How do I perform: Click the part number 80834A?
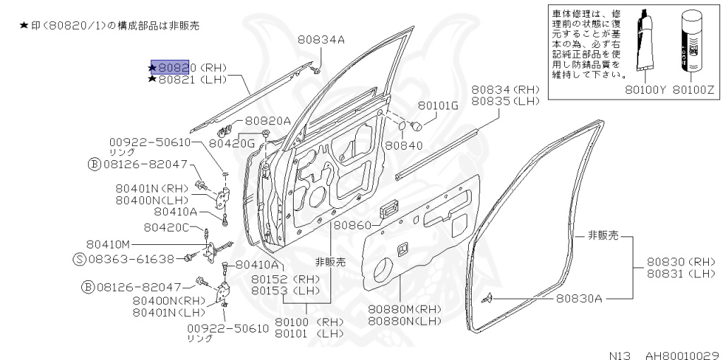tap(321, 40)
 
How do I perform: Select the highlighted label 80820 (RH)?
tap(188, 68)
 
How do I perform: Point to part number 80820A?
tap(268, 121)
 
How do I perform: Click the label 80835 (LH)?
tap(505, 102)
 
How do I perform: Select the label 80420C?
tap(167, 227)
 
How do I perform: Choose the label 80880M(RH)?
tap(404, 309)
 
